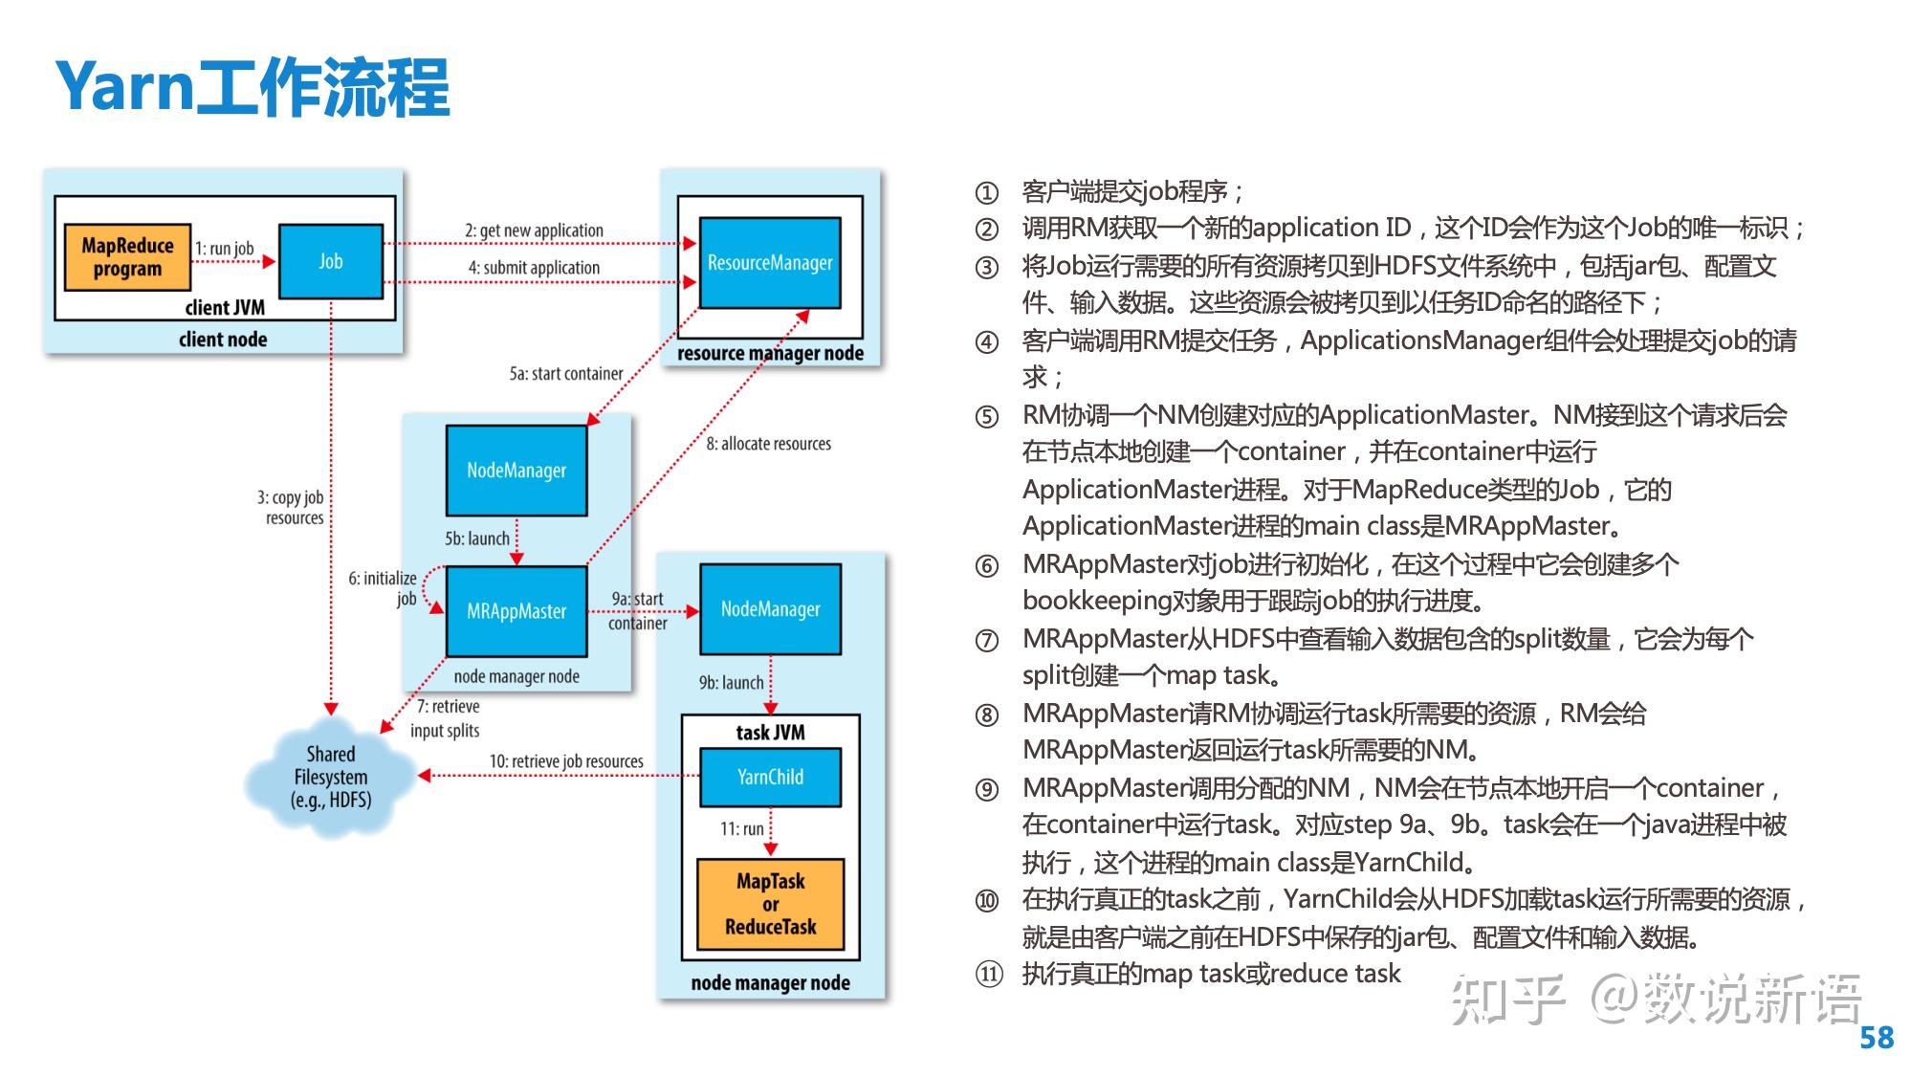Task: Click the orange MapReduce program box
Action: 127,257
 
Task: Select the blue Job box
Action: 331,261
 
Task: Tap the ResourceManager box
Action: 770,263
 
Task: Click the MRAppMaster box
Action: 516,611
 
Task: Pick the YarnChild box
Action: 771,777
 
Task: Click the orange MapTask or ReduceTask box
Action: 771,904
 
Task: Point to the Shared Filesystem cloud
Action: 330,778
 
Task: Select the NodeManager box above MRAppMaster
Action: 516,471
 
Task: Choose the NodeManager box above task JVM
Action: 771,609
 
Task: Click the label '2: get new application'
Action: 534,231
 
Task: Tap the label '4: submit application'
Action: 534,268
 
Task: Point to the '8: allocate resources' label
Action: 769,444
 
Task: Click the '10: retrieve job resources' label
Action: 566,761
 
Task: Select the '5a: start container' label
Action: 566,374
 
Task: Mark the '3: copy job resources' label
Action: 291,508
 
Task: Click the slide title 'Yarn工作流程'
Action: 253,87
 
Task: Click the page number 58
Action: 1877,1038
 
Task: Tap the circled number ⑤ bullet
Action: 986,417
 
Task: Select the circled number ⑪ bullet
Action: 988,975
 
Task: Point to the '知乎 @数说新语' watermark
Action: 1657,1000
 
